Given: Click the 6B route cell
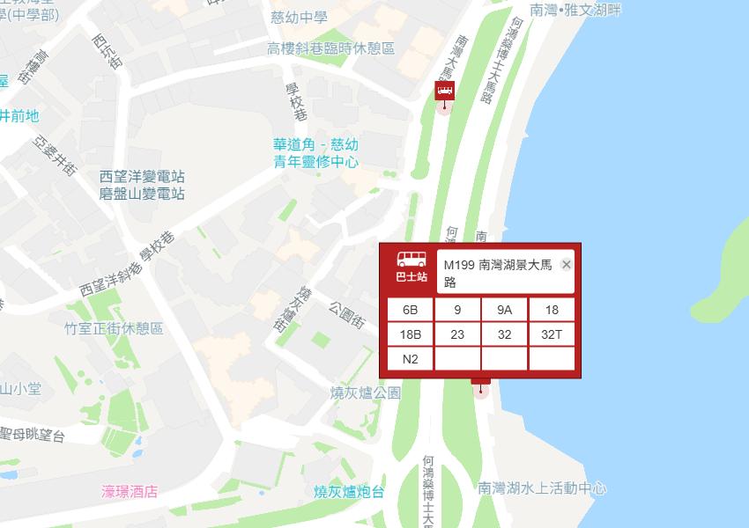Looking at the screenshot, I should pos(410,310).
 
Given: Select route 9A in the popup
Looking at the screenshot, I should pos(504,310).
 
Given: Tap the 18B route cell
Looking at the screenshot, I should pos(410,334).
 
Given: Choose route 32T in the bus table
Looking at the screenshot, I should pos(552,334).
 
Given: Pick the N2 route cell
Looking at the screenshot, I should pos(410,359).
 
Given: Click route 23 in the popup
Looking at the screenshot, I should pos(457,334).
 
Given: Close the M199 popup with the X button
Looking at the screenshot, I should pos(567,265).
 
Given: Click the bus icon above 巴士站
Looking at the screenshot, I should pos(411,260).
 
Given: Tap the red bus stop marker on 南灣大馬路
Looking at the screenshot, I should pos(444,92).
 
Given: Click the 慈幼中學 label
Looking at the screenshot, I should pos(300,18).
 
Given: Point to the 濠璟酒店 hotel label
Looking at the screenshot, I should pos(130,492).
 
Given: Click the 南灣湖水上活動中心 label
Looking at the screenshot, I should pos(542,488).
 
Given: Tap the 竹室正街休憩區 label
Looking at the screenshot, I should pos(114,328).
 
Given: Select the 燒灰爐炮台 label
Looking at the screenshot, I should pos(349,492).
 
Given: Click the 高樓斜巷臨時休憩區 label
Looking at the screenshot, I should pos(330,49).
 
